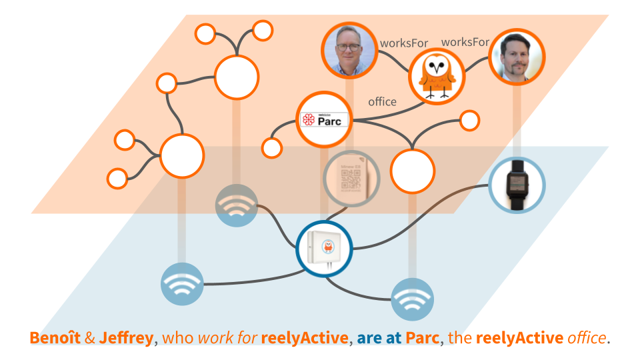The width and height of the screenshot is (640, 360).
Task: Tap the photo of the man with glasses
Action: (x=349, y=51)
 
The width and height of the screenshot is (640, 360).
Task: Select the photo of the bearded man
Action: (x=517, y=56)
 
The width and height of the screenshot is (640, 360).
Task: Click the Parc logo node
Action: (x=324, y=120)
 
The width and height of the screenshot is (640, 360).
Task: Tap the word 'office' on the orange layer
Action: (x=382, y=102)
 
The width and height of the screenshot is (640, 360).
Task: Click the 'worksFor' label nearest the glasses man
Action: (x=404, y=43)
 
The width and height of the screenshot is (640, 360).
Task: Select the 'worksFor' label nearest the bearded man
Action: (x=465, y=42)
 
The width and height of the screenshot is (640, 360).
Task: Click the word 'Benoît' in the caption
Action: (x=55, y=338)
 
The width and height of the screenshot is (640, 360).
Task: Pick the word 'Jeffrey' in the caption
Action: (x=126, y=338)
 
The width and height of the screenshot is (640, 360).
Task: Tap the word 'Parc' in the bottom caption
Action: (x=424, y=338)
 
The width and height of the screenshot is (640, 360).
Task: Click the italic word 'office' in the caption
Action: (x=586, y=338)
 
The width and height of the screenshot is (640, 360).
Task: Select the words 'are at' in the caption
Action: (x=379, y=338)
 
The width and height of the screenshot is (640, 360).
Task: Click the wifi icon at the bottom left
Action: (x=181, y=285)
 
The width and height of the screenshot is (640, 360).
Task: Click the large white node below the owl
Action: (x=413, y=171)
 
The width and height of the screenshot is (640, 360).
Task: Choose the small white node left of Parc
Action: (x=272, y=147)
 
